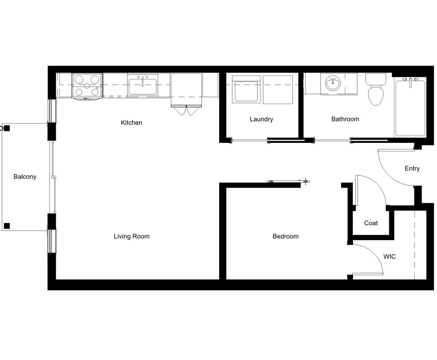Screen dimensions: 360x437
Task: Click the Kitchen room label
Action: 131,123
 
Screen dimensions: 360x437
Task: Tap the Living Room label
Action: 131,236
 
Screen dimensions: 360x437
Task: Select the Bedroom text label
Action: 285,236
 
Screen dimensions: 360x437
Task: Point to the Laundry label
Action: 261,119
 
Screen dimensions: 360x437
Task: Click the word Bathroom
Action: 345,119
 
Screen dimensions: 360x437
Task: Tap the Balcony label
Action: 25,177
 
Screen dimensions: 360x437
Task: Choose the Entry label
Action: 412,168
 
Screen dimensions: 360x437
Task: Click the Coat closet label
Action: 370,223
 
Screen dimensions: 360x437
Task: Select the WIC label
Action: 389,257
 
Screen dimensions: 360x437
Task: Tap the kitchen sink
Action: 142,86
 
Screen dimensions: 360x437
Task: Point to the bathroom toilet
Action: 376,90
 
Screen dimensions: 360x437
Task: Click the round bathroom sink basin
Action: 333,83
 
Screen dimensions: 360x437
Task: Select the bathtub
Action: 410,108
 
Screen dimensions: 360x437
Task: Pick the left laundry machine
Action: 246,90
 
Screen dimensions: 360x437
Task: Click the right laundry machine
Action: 278,90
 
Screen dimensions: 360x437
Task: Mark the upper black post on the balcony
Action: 7,128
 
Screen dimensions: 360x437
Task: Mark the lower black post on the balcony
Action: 7,226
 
